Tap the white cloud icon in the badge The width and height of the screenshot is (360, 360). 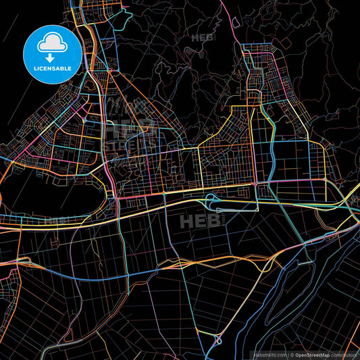tap(52, 44)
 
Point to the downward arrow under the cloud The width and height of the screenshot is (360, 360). tap(52, 56)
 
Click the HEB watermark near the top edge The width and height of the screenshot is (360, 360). tap(202, 38)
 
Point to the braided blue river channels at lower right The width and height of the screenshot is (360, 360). tap(317, 270)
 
